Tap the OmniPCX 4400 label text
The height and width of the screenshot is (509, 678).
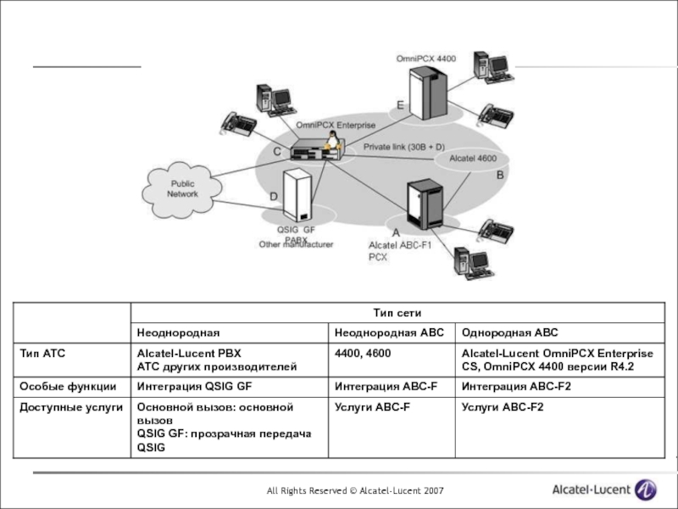(425, 59)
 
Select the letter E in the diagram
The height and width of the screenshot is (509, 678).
(400, 104)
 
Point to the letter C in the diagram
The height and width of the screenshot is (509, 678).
(276, 150)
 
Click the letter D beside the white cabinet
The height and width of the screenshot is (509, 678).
(273, 197)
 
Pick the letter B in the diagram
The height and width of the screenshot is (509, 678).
(500, 175)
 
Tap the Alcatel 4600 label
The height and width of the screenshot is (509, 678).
(472, 159)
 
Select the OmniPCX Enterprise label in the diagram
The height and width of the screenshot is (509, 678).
(335, 125)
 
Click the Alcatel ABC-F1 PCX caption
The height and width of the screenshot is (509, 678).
(400, 250)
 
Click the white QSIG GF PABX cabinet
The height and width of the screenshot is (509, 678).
(296, 197)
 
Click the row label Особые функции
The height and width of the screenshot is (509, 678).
(68, 386)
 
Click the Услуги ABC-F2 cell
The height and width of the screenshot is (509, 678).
(503, 409)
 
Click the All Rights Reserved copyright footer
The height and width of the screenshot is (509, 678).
(353, 491)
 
